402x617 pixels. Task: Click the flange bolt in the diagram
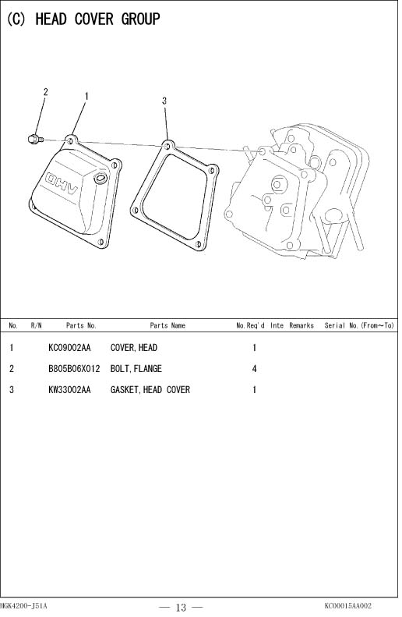35,139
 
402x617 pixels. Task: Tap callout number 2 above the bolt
46,92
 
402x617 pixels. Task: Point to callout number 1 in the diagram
86,97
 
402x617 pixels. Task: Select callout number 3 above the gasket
164,101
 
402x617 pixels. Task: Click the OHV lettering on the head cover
62,183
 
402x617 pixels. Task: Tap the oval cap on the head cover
100,179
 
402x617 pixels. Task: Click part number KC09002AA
69,348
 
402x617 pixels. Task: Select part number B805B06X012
74,369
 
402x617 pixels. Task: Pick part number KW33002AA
69,390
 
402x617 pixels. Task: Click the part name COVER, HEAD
133,348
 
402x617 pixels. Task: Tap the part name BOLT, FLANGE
136,369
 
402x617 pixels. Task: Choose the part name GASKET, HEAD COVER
150,390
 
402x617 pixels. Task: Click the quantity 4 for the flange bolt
254,369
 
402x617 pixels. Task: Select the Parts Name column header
167,325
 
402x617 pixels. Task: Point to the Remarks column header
301,325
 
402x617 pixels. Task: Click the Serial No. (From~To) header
359,325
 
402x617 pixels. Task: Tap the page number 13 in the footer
181,608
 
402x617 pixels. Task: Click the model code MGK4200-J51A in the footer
23,606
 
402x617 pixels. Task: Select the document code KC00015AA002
347,606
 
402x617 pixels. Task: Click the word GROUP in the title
141,19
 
